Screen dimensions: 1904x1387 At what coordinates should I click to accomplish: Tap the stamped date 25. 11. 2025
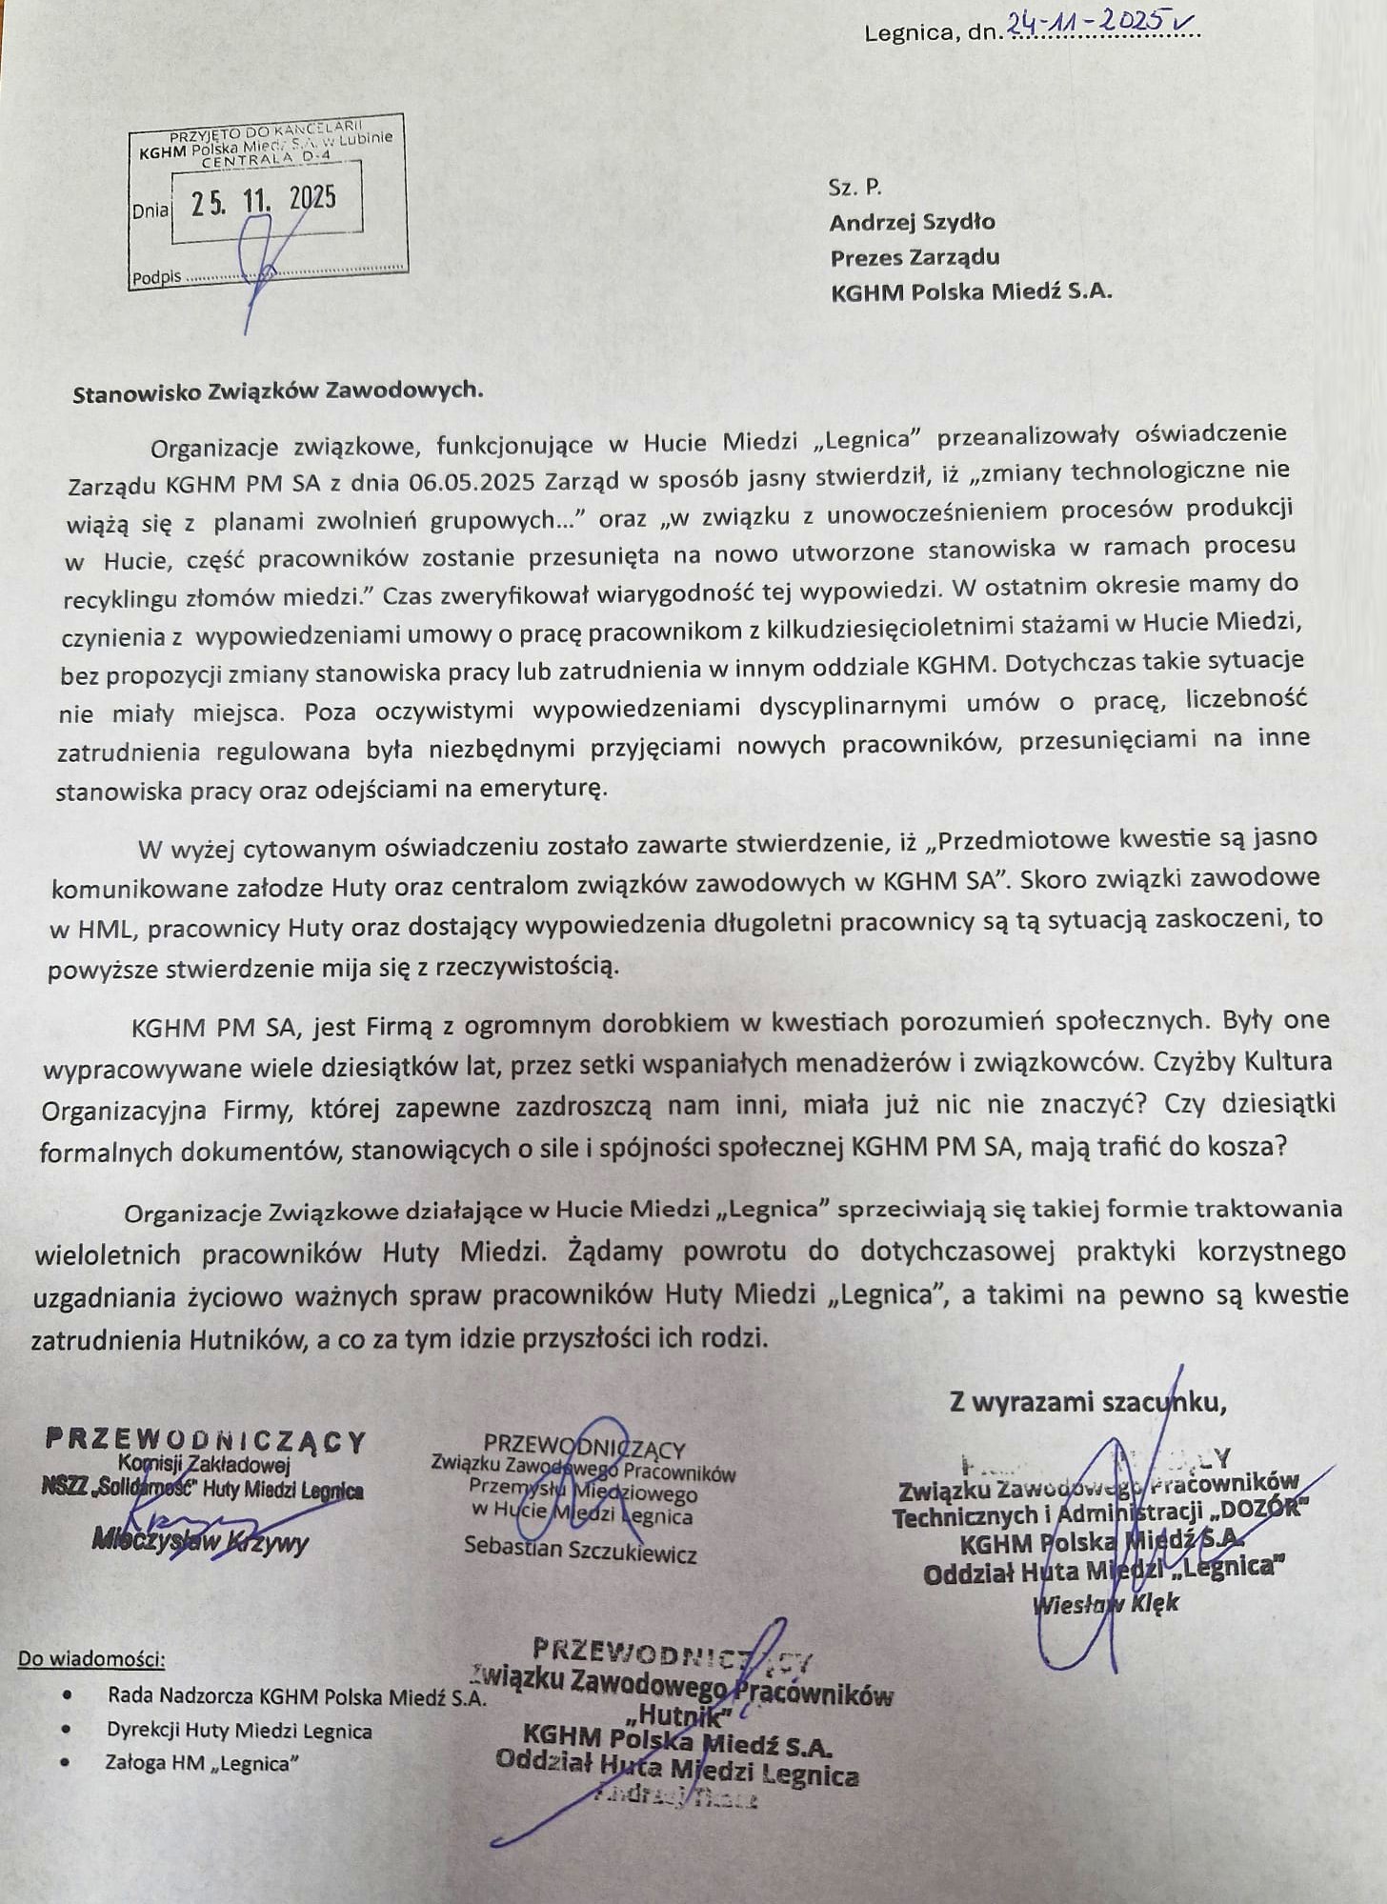(x=264, y=201)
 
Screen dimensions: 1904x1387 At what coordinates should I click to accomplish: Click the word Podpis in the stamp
(x=156, y=278)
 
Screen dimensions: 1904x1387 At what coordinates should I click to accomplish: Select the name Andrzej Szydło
(x=912, y=222)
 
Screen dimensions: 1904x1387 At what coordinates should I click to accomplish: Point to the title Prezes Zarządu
(x=915, y=257)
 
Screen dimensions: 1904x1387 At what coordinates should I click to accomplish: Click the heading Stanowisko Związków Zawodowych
(x=278, y=391)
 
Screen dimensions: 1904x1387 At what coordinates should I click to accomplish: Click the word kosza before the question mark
(x=1244, y=1146)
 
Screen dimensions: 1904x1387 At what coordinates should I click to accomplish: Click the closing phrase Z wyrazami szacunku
(x=1086, y=1402)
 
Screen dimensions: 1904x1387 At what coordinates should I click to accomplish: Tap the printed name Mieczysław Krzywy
(x=200, y=1541)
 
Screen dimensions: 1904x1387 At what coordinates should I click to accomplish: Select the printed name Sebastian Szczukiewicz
(x=580, y=1549)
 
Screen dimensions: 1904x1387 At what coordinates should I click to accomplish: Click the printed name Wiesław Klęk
(x=1105, y=1603)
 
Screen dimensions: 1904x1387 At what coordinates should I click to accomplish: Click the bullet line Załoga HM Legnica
(x=202, y=1763)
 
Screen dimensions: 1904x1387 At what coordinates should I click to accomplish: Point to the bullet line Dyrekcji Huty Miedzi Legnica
(x=239, y=1731)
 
